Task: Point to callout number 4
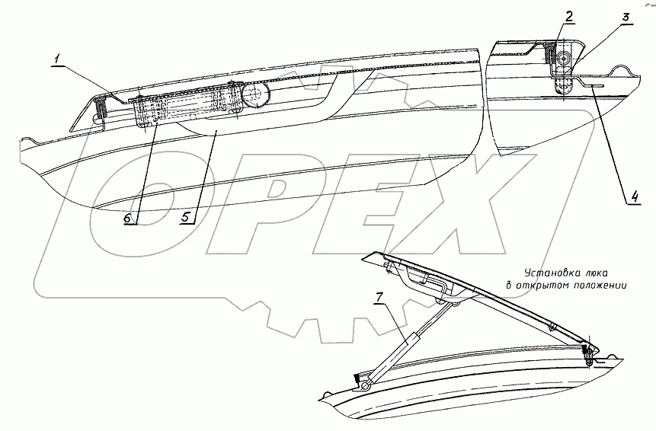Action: [634, 198]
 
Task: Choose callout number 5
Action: [184, 217]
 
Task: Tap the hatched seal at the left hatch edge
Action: [100, 111]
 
